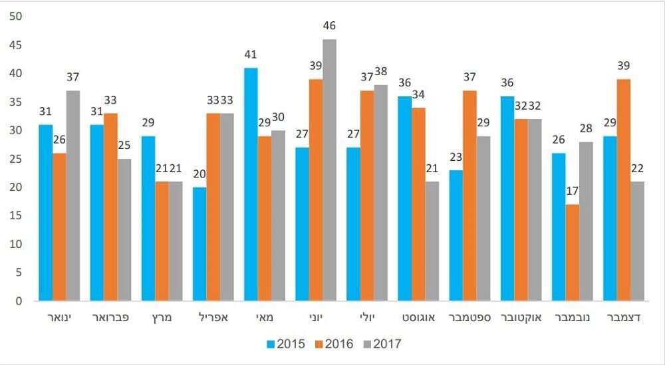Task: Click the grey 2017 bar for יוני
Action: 330,170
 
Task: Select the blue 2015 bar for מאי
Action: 251,184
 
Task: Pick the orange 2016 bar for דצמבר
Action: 624,189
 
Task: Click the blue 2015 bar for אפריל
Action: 199,243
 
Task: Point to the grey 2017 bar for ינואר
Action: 73,195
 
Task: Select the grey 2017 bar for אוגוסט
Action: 432,241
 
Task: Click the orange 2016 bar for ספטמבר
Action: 469,195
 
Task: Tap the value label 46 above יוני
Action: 330,26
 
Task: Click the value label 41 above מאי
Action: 251,55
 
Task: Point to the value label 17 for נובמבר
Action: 573,191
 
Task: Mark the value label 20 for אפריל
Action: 199,174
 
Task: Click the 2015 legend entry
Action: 286,344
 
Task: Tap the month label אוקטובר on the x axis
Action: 521,318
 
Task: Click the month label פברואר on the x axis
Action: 110,318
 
